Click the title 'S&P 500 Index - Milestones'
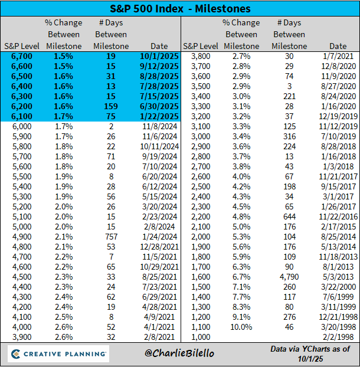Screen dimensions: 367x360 (x=179, y=8)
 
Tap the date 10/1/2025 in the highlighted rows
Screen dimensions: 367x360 (x=158, y=57)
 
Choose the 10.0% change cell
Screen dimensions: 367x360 (x=241, y=327)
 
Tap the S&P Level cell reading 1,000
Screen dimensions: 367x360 (x=199, y=337)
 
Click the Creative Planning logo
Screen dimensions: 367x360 (x=57, y=355)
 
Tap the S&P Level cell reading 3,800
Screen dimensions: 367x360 (x=199, y=57)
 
